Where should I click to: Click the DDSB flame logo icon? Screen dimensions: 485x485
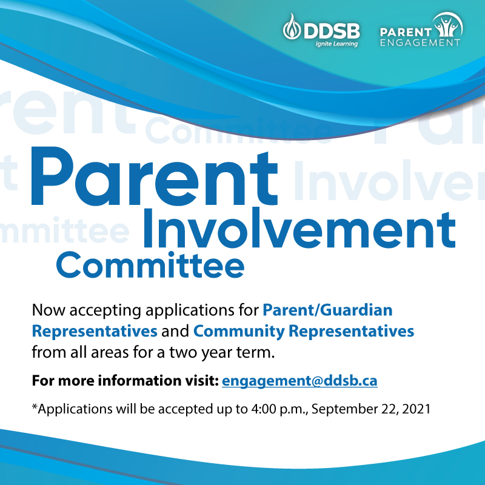291,28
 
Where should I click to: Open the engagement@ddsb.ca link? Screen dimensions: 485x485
300,381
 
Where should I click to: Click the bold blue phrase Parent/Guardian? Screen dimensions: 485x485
327,310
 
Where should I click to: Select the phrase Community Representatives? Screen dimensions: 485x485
304,331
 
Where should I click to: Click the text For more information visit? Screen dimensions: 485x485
125,382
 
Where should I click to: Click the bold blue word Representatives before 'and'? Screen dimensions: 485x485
95,331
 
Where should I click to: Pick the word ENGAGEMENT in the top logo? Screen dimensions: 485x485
420,42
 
